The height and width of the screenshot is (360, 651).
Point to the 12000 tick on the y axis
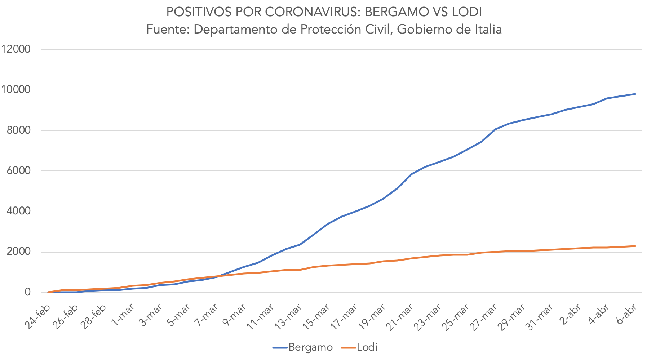pos(16,49)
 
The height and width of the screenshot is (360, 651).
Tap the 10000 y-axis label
pos(16,90)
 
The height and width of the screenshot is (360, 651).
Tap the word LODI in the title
pos(466,12)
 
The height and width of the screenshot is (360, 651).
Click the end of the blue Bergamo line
pos(635,94)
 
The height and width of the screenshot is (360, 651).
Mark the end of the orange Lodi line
pos(635,246)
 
